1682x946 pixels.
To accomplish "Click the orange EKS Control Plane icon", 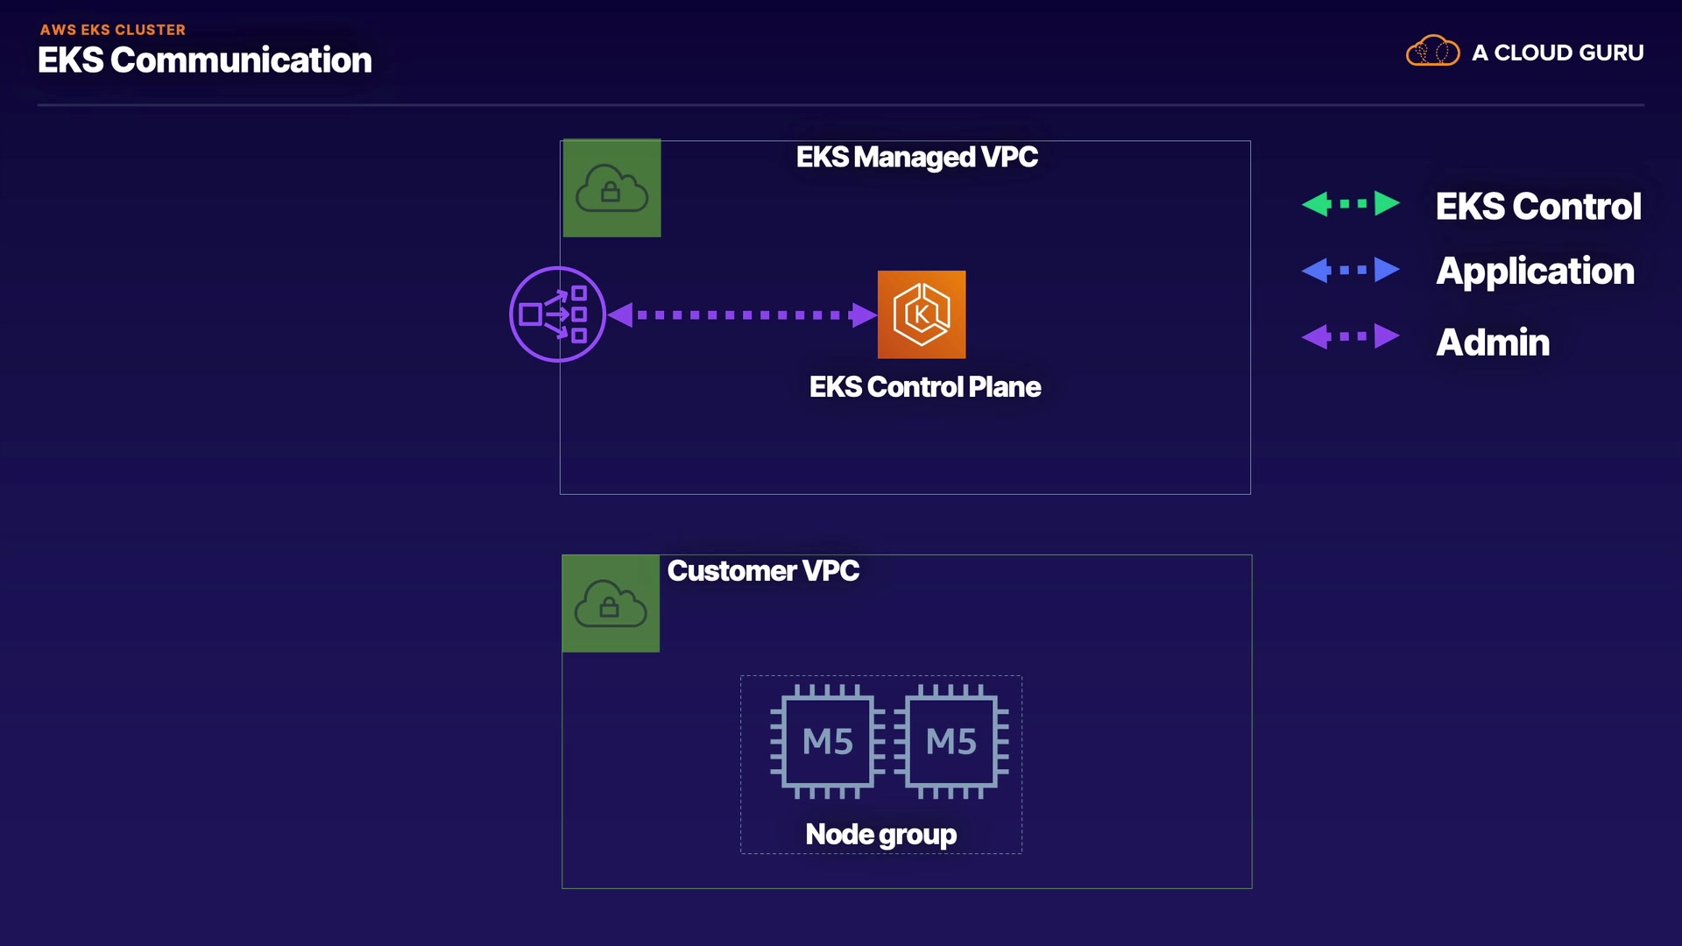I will coord(922,314).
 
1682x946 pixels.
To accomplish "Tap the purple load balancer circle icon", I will coord(557,314).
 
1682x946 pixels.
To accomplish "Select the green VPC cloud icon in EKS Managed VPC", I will coord(611,188).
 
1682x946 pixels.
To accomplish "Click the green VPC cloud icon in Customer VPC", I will coord(611,604).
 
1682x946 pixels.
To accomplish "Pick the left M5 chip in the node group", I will coord(827,742).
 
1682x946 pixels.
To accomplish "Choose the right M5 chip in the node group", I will coord(951,742).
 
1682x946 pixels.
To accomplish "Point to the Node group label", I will coord(880,834).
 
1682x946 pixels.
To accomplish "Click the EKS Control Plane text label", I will coord(925,387).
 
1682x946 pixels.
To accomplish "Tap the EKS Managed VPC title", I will coord(916,158).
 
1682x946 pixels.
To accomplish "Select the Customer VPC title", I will coord(763,571).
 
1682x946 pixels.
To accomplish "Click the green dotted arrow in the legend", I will coord(1350,204).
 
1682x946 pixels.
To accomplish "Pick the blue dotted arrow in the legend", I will coord(1350,270).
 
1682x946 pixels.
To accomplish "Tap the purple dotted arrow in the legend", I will coord(1350,336).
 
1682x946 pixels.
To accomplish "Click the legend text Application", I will coord(1535,272).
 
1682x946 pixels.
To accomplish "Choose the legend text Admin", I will coord(1493,342).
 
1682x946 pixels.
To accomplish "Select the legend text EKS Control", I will coord(1537,207).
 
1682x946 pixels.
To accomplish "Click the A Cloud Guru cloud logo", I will coord(1432,52).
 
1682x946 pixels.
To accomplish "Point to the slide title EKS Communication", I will coord(205,60).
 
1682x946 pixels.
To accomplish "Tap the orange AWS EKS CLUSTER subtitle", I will coord(113,30).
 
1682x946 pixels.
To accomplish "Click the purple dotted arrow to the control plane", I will coord(742,314).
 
